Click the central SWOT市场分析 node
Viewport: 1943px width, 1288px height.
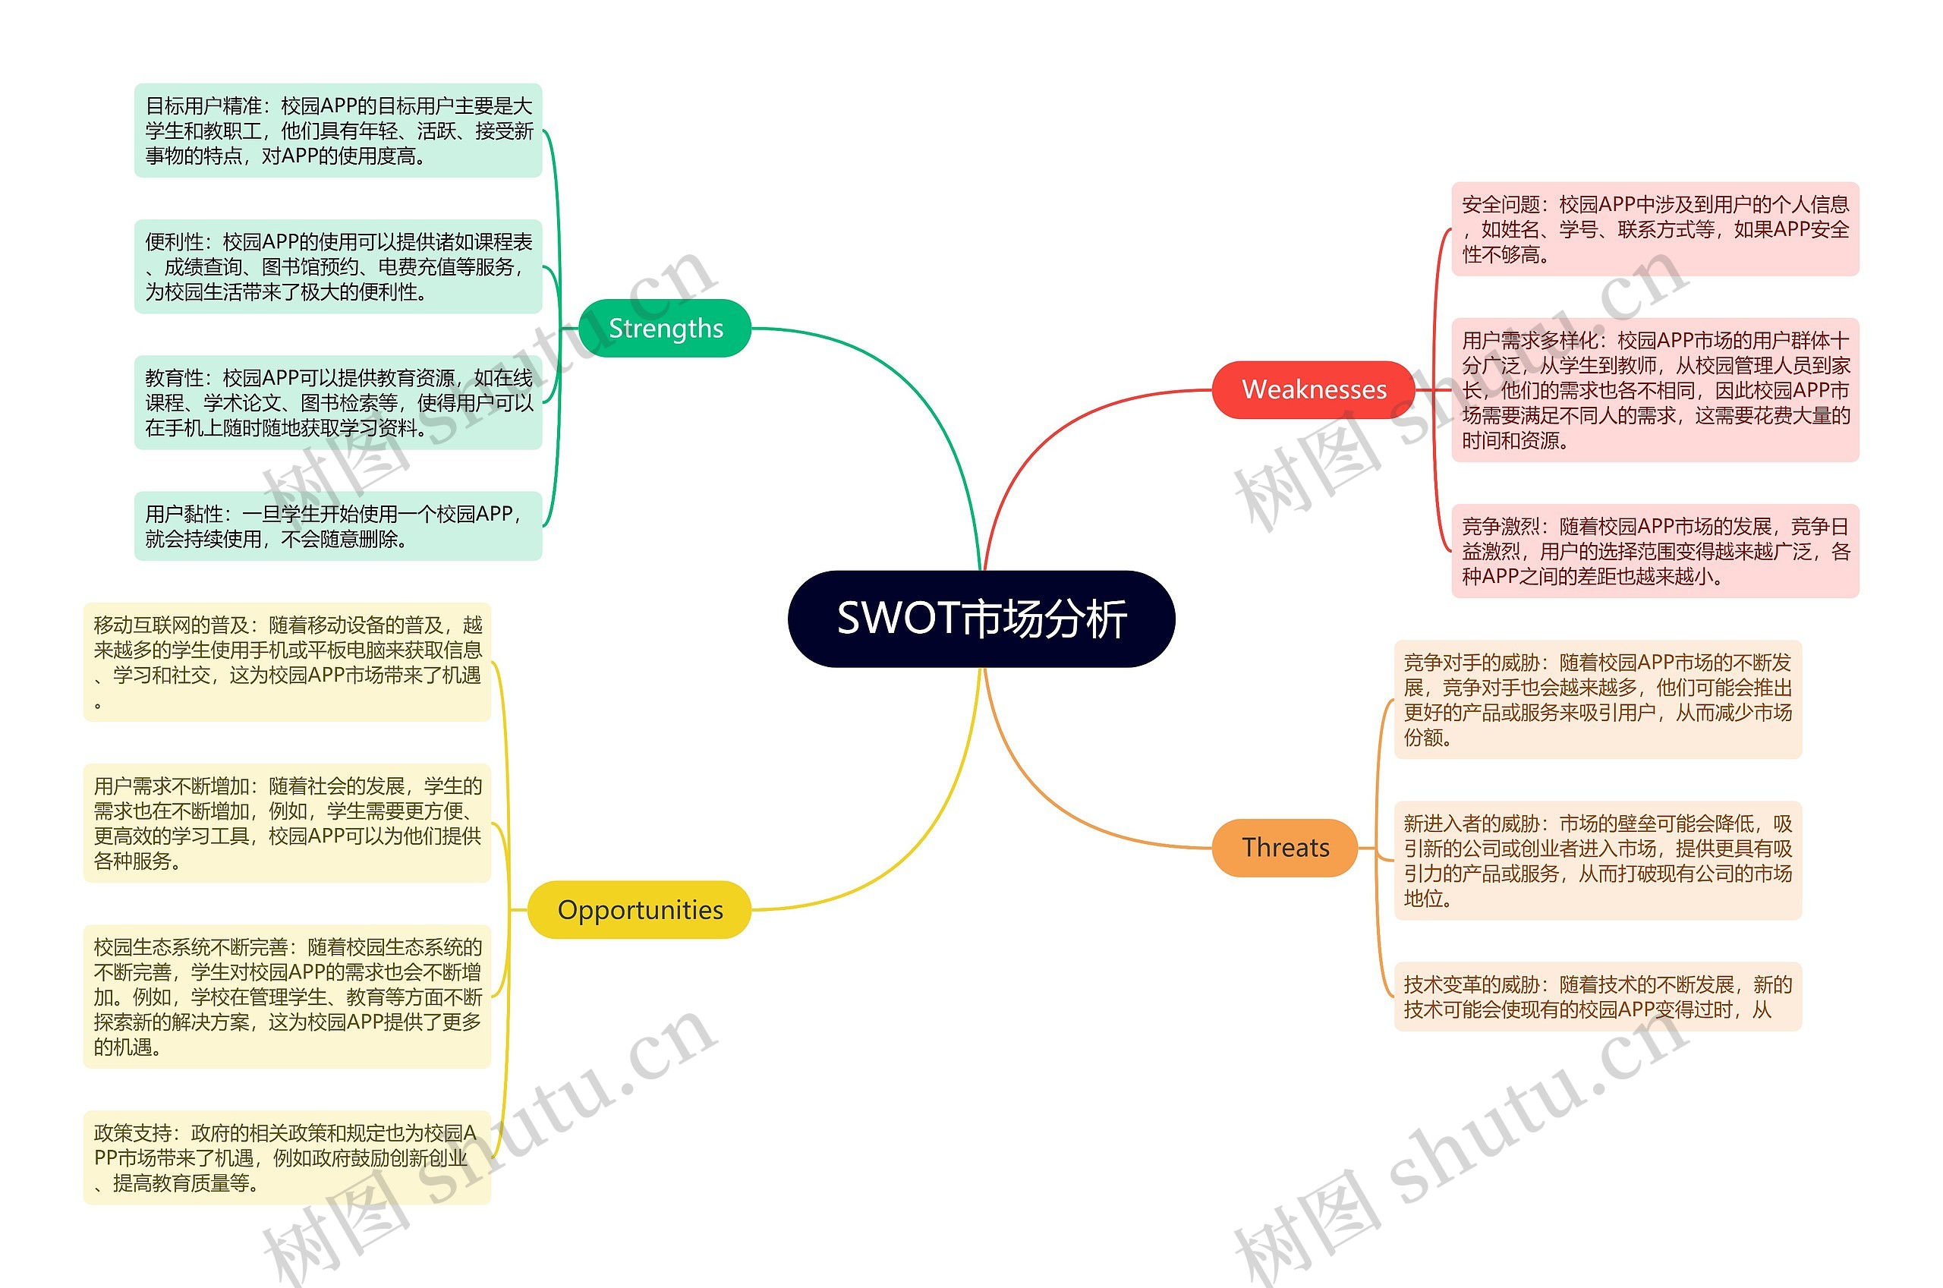point(981,619)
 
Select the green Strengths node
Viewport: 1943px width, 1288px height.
point(664,329)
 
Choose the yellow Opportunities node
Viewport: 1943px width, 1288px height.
point(639,909)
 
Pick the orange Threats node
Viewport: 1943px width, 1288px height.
point(1284,847)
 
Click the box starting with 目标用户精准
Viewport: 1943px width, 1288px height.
point(338,131)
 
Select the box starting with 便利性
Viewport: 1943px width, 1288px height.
point(338,266)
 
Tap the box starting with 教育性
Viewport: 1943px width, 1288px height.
point(338,402)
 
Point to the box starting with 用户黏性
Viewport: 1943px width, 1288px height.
point(338,526)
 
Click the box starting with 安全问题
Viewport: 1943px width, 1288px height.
point(1654,229)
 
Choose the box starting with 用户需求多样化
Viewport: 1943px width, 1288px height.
point(1654,390)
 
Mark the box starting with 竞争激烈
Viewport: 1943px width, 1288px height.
point(1654,550)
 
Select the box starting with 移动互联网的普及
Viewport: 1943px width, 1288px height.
point(287,662)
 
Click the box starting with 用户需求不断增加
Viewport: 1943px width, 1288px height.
point(287,823)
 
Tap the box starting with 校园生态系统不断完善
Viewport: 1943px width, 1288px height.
point(287,997)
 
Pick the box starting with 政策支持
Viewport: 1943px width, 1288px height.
point(287,1157)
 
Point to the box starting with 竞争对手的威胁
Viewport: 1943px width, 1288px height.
point(1597,699)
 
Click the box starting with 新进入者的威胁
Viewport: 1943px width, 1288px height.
point(1597,860)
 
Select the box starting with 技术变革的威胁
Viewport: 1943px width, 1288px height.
point(1597,997)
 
